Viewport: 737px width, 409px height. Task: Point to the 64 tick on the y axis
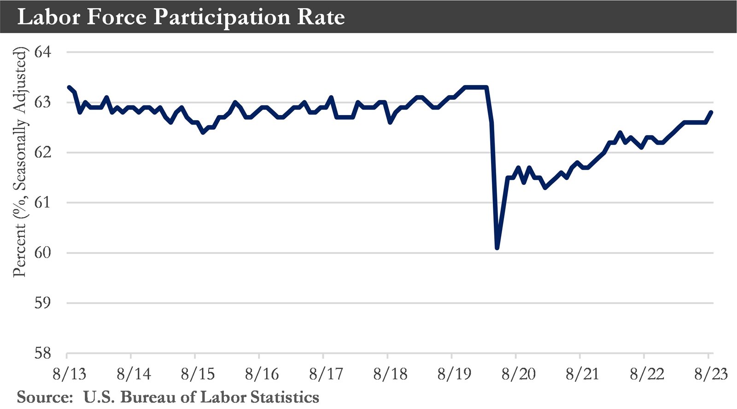43,52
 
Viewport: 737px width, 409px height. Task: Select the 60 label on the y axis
43,253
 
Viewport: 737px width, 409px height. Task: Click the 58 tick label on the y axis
43,353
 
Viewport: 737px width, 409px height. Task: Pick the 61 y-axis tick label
43,202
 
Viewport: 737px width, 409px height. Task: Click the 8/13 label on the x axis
69,374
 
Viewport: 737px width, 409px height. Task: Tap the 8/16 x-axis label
262,374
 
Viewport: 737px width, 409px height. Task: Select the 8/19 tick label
454,374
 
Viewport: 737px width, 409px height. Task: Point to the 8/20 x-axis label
518,374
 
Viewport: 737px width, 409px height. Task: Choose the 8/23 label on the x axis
711,374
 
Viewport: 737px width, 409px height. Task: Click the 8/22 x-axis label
647,374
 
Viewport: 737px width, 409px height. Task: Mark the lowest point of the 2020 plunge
497,248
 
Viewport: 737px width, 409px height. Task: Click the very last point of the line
712,112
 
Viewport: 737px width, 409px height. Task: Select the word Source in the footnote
44,397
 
